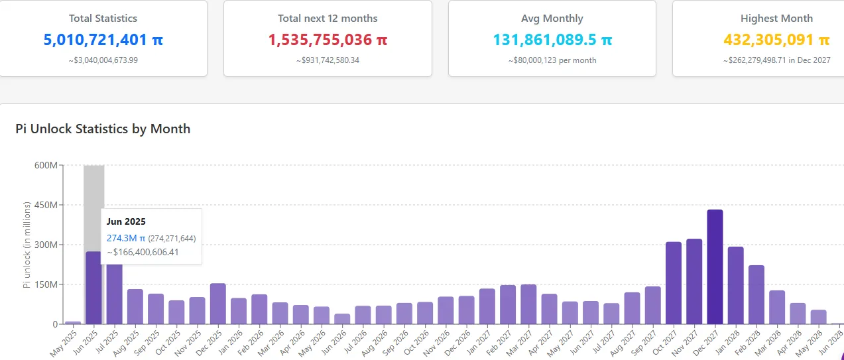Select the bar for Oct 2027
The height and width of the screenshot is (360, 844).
674,283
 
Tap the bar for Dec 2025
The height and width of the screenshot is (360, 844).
217,304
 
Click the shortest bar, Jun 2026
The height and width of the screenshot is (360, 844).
342,319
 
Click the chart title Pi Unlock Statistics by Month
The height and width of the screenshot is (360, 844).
103,129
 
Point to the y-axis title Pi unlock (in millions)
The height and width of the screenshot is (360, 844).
27,245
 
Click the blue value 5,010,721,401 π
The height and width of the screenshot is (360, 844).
103,40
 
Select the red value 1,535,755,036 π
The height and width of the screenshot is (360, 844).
328,40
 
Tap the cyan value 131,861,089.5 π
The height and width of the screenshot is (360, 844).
552,40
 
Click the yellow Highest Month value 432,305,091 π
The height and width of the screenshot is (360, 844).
776,40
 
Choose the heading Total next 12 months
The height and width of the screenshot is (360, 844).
328,19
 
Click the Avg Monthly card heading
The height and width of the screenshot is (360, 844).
552,19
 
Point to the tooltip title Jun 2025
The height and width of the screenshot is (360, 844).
126,221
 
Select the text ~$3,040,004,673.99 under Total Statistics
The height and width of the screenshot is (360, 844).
103,60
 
